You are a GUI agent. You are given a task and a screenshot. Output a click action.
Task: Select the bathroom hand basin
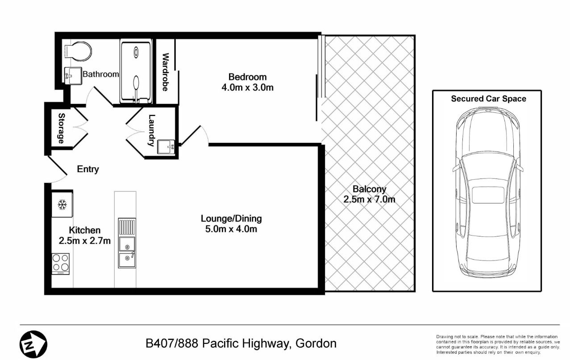[73, 75]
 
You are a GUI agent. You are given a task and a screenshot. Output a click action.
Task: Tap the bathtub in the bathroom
[136, 71]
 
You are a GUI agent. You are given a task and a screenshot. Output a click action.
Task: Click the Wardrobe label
[165, 72]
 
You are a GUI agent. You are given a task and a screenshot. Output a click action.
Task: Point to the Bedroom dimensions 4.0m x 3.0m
[247, 88]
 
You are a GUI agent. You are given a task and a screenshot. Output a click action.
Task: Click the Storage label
[61, 128]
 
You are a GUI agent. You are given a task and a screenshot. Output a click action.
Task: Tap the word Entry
[88, 170]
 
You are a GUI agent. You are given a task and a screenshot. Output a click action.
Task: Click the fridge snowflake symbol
[62, 205]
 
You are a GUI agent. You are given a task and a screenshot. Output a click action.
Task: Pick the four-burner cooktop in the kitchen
[60, 263]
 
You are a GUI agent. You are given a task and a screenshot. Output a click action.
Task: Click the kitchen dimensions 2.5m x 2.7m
[85, 240]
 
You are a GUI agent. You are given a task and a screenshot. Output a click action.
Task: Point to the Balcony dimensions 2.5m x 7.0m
[369, 199]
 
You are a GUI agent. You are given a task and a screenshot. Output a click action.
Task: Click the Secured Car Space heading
[488, 99]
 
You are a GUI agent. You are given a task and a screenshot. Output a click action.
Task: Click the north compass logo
[33, 344]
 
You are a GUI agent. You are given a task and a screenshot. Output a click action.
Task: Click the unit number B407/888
[172, 343]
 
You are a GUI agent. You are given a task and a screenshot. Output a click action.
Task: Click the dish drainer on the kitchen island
[127, 227]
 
